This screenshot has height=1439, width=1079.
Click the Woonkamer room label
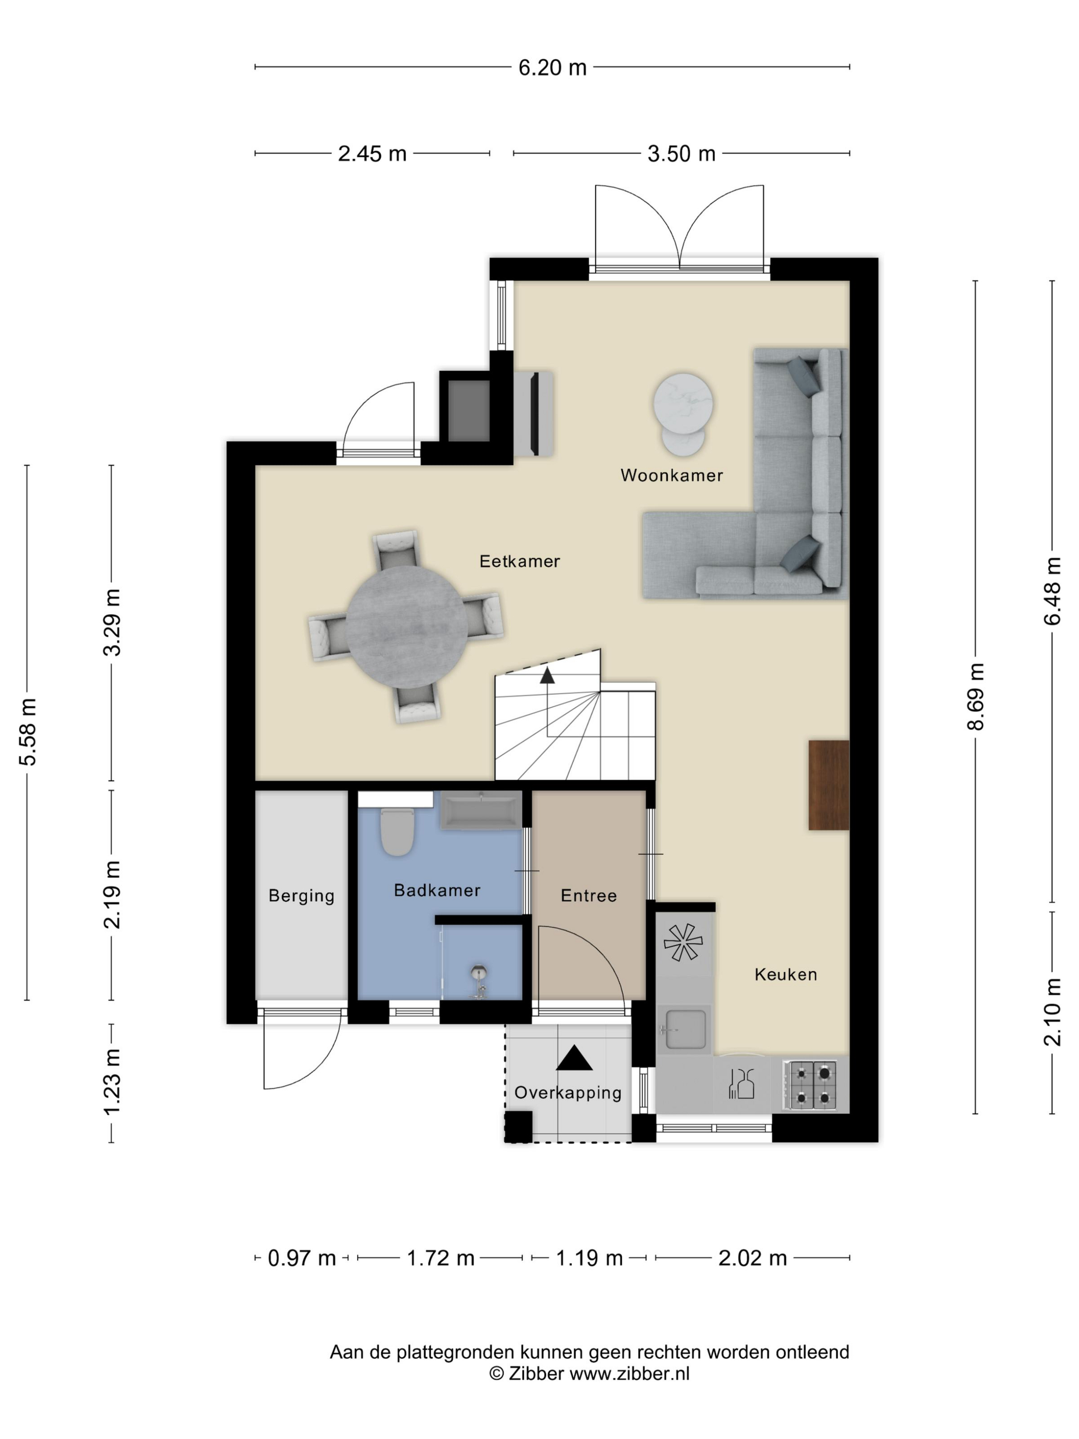pos(671,475)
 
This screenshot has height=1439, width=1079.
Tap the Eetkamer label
pos(519,561)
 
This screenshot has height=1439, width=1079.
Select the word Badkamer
pos(437,890)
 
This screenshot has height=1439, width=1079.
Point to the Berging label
pos(302,896)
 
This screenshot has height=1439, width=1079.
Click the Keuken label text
pos(786,974)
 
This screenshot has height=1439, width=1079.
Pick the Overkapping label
pos(568,1093)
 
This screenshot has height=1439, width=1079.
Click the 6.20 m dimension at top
pos(552,68)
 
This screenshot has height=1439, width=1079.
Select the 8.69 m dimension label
pos(976,697)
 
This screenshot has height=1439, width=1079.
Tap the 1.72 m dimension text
pos(440,1258)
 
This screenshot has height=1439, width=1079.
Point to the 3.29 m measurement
pos(113,622)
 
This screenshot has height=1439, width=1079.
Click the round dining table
pos(406,626)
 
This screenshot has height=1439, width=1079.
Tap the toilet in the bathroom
pos(397,832)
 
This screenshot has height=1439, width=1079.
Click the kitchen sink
pos(685,1030)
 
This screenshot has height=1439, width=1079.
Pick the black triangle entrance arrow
pos(574,1058)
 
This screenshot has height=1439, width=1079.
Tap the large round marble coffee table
pos(683,403)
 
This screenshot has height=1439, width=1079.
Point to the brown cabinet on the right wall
pos(829,785)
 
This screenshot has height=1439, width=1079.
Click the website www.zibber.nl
pos(629,1374)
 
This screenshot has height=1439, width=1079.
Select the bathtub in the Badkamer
pos(481,810)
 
